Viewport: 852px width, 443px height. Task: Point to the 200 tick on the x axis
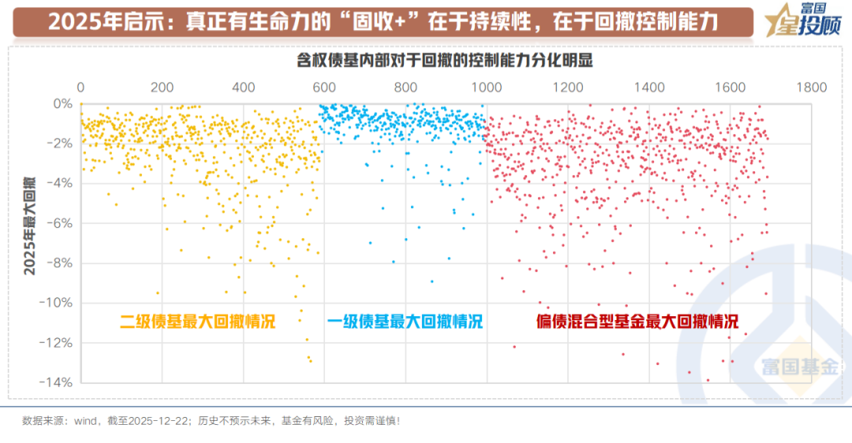click(x=162, y=87)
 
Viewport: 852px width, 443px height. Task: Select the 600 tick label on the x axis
click(x=324, y=87)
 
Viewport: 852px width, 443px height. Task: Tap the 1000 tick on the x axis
click(x=487, y=87)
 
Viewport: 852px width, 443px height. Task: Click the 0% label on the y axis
click(x=62, y=103)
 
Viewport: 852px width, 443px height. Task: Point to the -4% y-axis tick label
click(x=59, y=183)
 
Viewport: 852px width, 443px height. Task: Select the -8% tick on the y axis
click(x=59, y=262)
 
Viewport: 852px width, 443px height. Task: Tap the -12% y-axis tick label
click(x=57, y=342)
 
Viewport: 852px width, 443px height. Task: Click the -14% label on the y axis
click(x=57, y=382)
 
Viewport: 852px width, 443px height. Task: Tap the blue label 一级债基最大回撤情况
click(x=405, y=322)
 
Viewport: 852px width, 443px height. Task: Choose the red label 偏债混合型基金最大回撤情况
click(x=637, y=322)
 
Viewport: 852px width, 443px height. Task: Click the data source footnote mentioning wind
click(x=211, y=421)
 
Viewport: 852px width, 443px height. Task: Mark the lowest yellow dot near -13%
click(x=311, y=361)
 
